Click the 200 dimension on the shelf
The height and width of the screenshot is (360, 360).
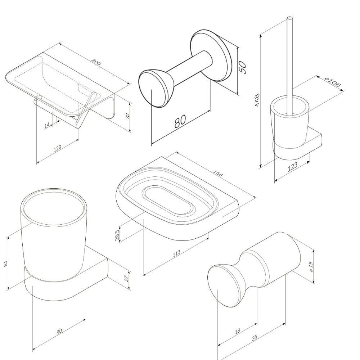(96, 62)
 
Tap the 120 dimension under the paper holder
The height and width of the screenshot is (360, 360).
(57, 148)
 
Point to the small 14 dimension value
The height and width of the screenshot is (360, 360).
(47, 125)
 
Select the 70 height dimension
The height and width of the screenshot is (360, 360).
(128, 116)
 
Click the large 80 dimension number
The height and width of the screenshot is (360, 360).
(180, 121)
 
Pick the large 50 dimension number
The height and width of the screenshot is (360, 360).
(243, 67)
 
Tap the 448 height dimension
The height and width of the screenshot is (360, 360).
(257, 100)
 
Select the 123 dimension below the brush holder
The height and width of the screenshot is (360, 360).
(292, 167)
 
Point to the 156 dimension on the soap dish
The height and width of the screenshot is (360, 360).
(218, 174)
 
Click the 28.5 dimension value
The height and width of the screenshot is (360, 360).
(117, 235)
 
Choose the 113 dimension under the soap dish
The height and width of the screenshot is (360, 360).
(176, 253)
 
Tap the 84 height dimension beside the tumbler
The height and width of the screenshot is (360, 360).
(6, 264)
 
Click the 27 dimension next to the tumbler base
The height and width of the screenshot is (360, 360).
(126, 279)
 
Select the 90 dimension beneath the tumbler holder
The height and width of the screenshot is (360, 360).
(59, 331)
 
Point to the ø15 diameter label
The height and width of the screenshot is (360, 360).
(311, 267)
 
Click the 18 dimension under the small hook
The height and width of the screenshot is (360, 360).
(237, 331)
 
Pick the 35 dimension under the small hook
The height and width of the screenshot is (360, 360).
(255, 338)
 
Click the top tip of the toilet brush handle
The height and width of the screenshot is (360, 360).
(290, 18)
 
